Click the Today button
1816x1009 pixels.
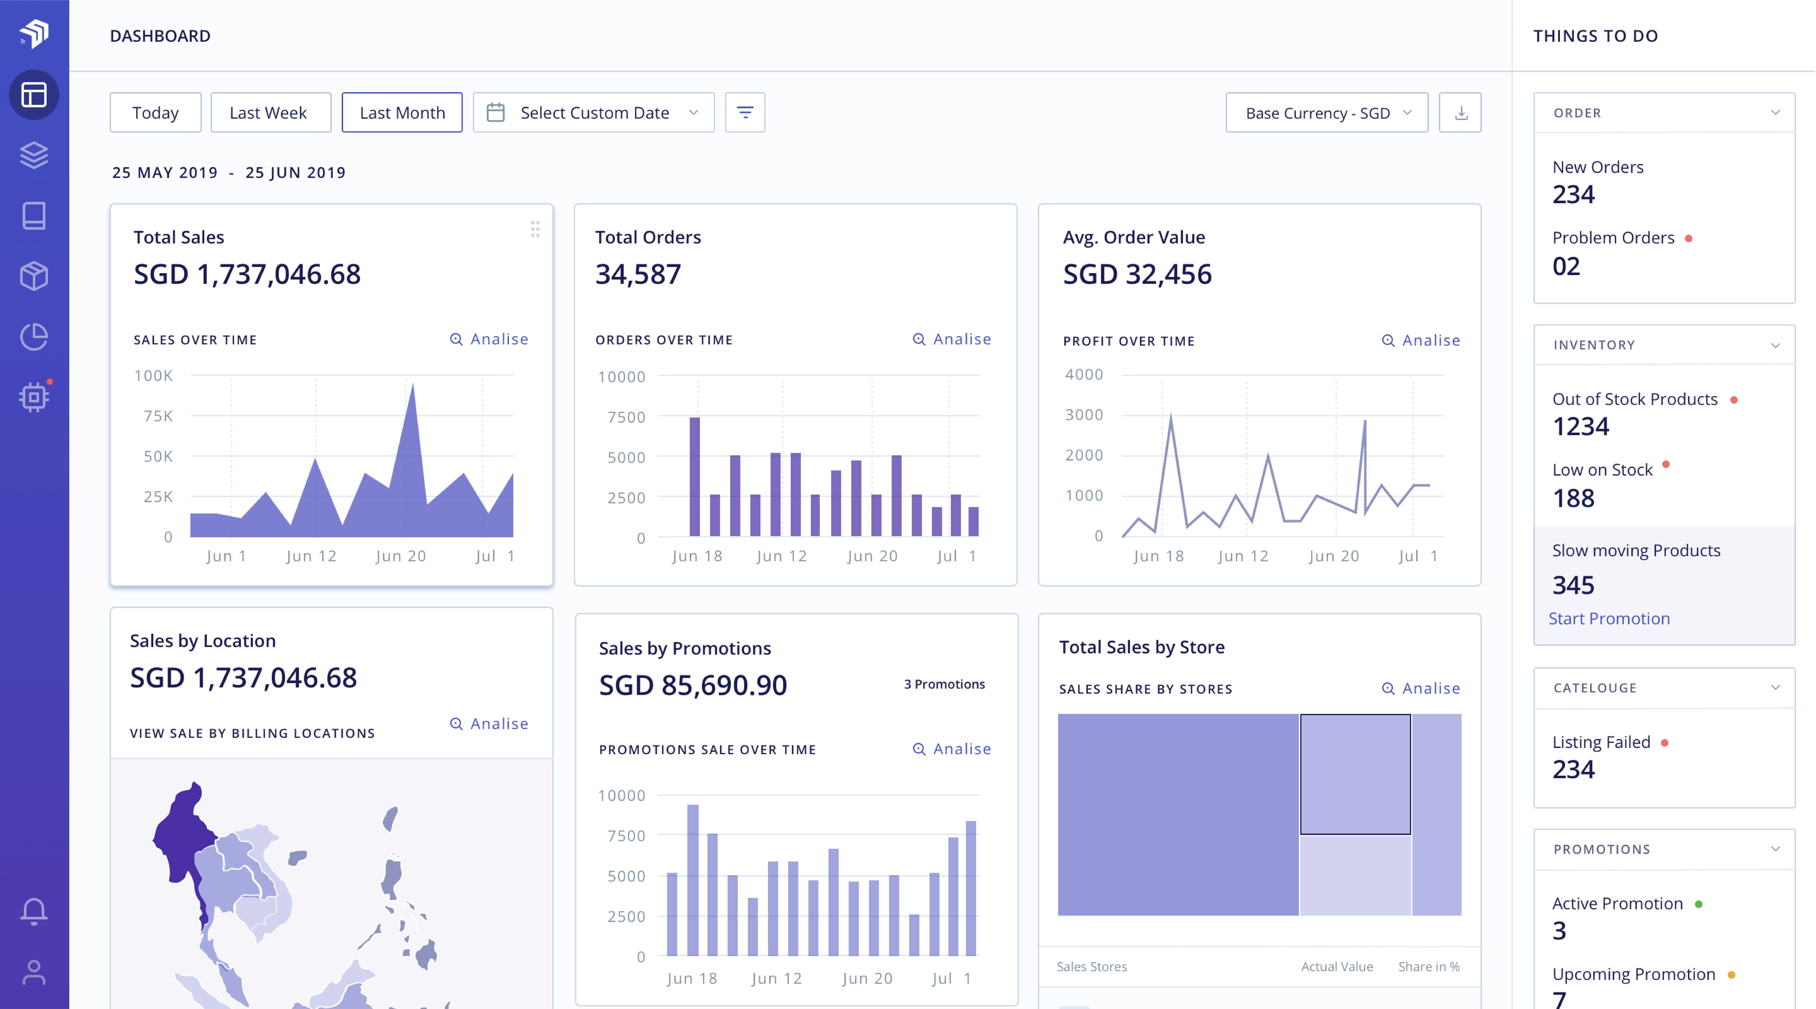click(x=155, y=113)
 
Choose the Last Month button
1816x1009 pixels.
click(x=402, y=113)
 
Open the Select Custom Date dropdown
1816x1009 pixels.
click(x=594, y=113)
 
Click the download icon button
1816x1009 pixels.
click(x=1460, y=113)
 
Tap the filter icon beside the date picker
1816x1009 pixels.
click(x=744, y=113)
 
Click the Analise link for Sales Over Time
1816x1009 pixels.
click(x=489, y=339)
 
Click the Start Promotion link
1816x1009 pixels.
click(x=1609, y=618)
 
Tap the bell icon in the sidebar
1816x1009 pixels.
click(x=34, y=911)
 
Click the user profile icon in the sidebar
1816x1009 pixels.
click(x=34, y=972)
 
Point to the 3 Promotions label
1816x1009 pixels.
click(x=944, y=684)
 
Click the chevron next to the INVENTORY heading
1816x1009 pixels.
click(x=1775, y=345)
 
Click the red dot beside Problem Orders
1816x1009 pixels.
click(x=1688, y=238)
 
